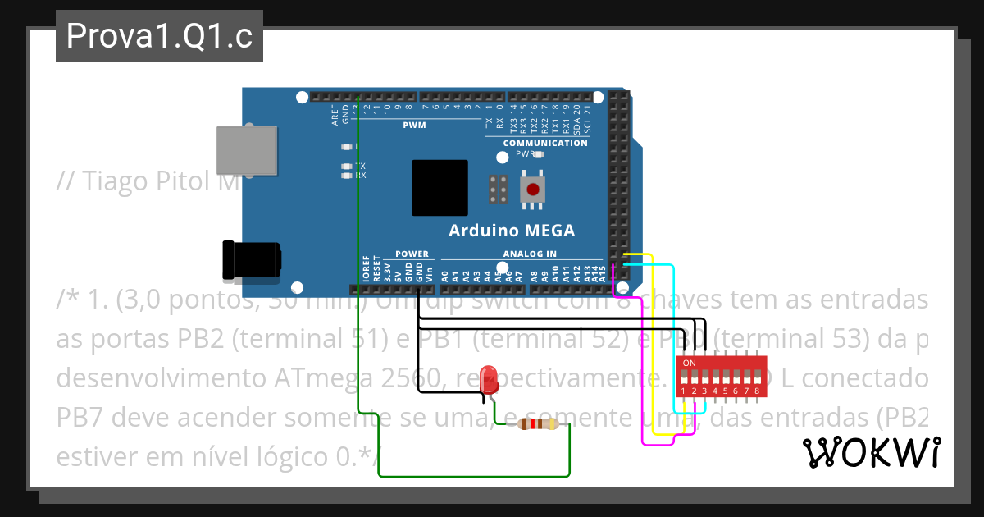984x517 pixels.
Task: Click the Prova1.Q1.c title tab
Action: point(159,36)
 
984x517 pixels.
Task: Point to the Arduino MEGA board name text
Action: point(511,231)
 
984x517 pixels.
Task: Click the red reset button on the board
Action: point(533,190)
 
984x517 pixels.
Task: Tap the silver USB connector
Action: point(245,149)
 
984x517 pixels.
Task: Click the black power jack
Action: point(251,260)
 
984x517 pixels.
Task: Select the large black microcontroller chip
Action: point(440,188)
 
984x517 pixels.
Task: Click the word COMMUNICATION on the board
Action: point(545,143)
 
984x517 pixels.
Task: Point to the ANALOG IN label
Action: point(530,254)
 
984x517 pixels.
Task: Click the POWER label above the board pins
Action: point(412,254)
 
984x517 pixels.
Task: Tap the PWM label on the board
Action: point(414,126)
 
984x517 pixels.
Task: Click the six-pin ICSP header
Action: point(497,190)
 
